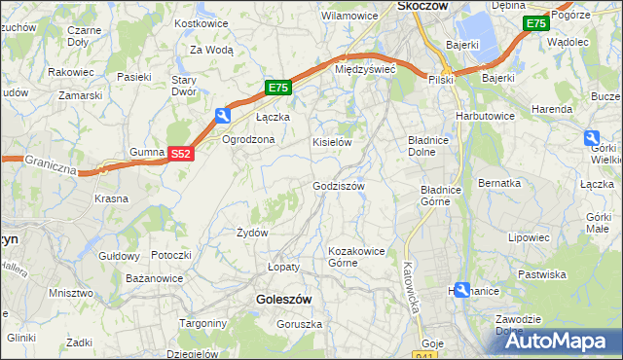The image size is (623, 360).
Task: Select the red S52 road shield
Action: click(x=180, y=154)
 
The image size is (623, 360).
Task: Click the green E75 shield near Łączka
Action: click(x=277, y=89)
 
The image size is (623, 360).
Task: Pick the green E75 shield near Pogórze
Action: click(x=534, y=23)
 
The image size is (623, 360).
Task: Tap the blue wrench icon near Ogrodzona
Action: click(x=223, y=117)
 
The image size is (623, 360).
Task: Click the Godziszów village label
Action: click(x=338, y=186)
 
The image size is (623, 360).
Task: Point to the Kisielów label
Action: click(x=331, y=142)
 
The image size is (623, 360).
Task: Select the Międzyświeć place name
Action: click(x=364, y=70)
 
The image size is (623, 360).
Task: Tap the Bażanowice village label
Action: click(x=155, y=278)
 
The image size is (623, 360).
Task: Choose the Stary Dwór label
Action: click(x=185, y=86)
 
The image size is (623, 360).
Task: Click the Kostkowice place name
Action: click(x=200, y=22)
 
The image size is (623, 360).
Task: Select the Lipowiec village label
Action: click(x=529, y=236)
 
